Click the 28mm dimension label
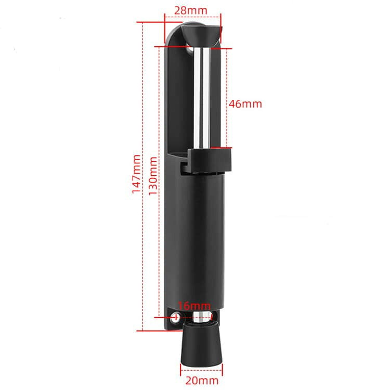[x=190, y=10]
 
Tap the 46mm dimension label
[x=245, y=103]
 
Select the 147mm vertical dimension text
[x=136, y=174]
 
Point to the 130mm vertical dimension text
[x=153, y=176]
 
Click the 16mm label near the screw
[x=194, y=306]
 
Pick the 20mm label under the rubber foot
[x=202, y=381]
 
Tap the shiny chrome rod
[x=202, y=98]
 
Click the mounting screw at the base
[x=175, y=317]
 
